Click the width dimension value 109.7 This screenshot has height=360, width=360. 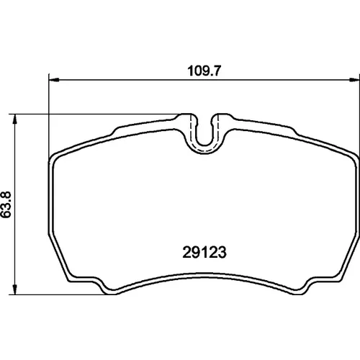point(204,71)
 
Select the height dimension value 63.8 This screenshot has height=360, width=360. point(6,204)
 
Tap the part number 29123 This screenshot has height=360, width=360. point(204,252)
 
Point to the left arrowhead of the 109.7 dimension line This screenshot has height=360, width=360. point(54,80)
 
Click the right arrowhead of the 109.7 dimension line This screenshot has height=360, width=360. point(354,80)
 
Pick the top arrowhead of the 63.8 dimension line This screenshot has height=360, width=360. point(15,119)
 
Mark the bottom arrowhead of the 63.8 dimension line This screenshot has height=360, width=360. point(15,289)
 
